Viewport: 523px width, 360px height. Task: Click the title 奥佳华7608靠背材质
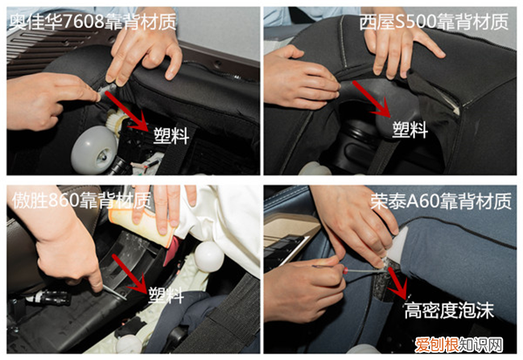click(93, 23)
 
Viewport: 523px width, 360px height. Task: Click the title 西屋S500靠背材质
click(434, 22)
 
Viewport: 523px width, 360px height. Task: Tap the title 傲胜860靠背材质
click(82, 201)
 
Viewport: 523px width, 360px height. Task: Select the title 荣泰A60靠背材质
click(441, 201)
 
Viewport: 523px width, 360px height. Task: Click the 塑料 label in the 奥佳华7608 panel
click(171, 135)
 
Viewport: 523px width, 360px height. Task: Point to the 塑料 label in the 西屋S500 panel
click(410, 129)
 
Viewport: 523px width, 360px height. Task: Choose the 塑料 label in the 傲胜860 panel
click(166, 295)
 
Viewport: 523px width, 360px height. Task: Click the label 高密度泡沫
click(449, 311)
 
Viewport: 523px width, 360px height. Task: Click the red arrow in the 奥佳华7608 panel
click(127, 112)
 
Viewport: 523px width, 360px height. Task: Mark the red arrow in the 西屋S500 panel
click(372, 99)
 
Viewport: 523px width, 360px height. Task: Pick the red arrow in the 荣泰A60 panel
click(398, 283)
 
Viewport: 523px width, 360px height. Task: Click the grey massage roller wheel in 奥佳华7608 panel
click(94, 149)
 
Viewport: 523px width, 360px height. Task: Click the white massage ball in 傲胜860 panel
click(209, 256)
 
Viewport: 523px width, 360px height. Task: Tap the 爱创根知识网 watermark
click(459, 345)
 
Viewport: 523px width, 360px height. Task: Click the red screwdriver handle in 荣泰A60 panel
click(348, 270)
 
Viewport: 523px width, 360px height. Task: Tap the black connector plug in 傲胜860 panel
click(50, 297)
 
